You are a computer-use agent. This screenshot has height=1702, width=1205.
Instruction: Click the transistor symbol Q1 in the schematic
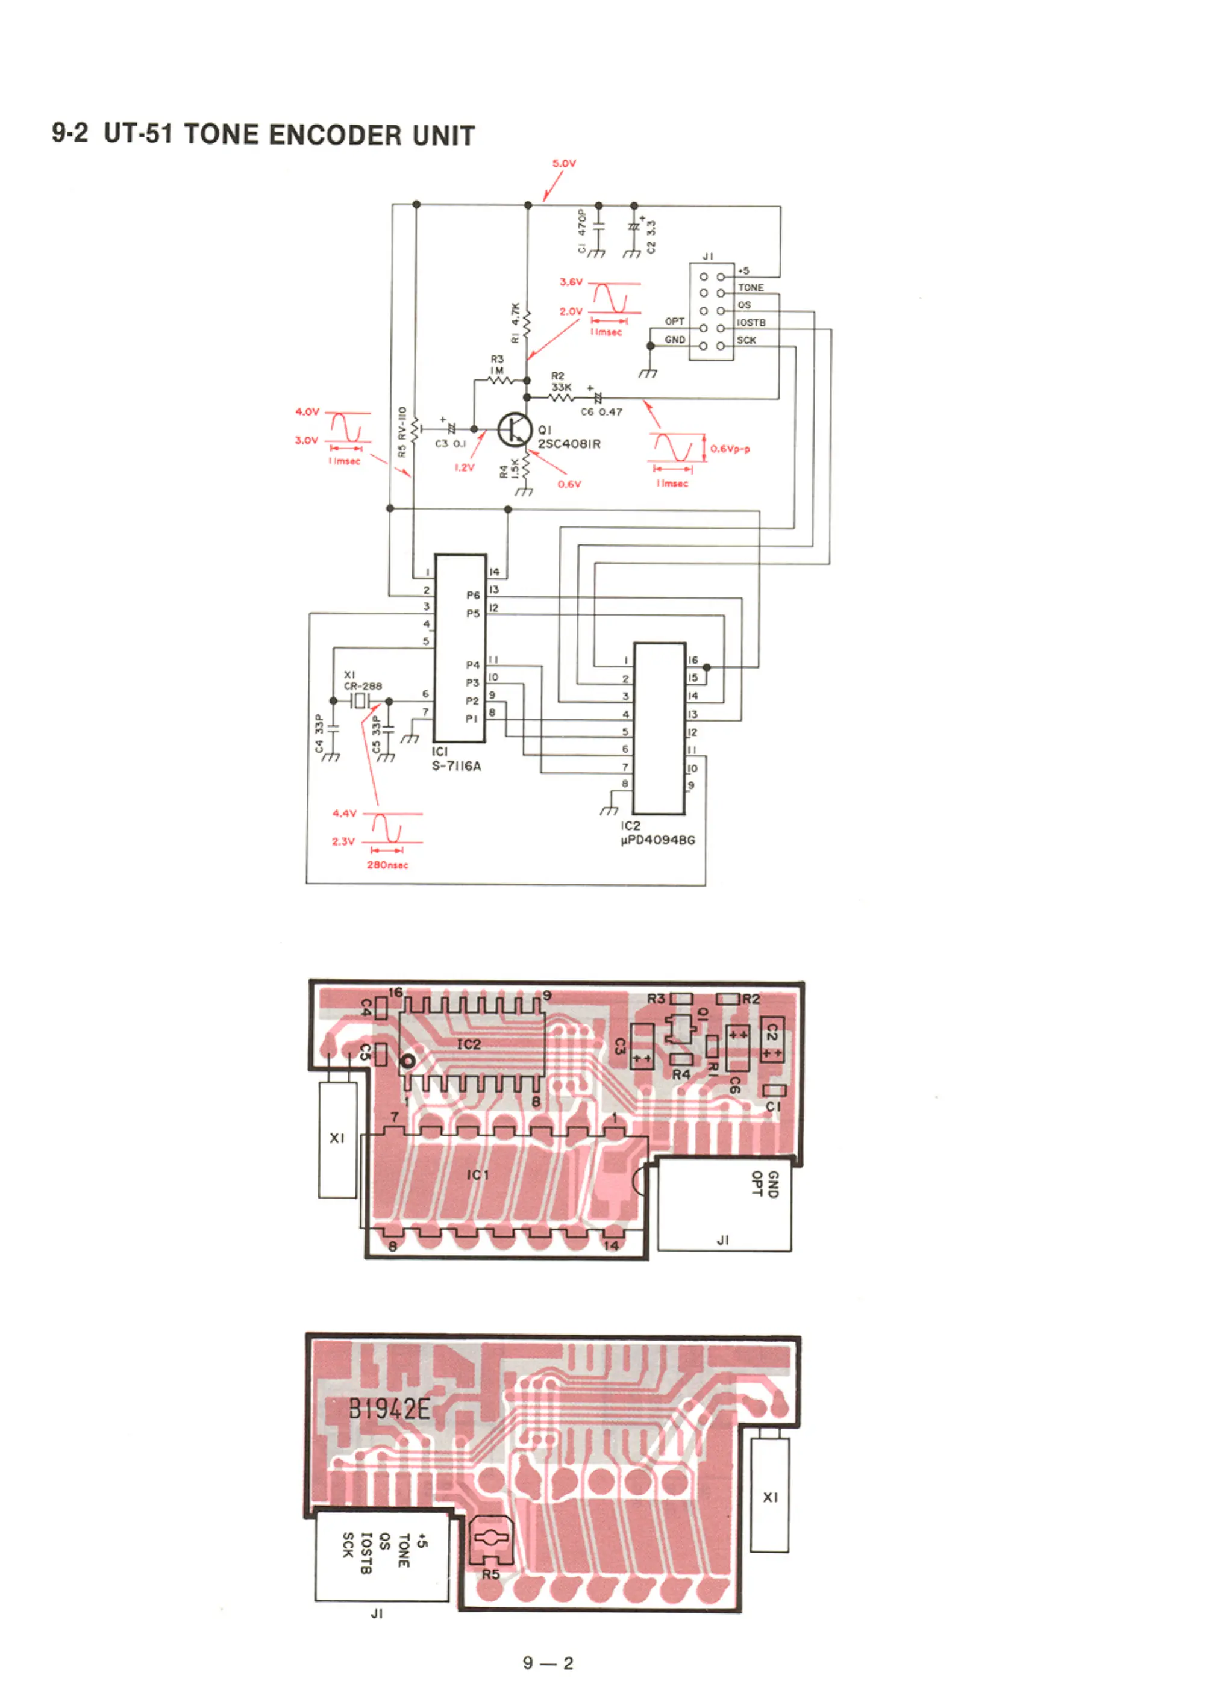514,429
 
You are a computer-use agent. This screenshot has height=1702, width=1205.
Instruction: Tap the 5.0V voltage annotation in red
564,163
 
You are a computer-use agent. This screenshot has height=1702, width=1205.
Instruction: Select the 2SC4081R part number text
569,444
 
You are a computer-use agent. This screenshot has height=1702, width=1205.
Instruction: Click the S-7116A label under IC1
456,766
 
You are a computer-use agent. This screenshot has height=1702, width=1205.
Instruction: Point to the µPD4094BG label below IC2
658,840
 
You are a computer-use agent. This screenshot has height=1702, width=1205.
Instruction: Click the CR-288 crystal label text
363,686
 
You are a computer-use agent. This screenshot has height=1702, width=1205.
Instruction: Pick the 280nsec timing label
387,865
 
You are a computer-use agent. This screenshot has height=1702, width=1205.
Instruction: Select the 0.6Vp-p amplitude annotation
730,449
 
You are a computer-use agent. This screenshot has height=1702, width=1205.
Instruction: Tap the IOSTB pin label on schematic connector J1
751,323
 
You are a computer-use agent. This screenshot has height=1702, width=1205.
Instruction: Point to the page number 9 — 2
548,1663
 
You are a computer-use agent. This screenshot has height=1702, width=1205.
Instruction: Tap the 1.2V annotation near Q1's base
464,467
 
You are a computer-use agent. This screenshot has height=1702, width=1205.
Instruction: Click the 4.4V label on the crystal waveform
344,814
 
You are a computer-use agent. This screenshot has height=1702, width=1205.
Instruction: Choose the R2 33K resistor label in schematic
560,382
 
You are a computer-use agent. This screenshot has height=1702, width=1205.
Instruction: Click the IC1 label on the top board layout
478,1174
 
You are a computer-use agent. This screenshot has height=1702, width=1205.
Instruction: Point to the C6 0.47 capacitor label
601,411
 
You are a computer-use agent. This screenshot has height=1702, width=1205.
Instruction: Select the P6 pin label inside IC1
472,595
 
